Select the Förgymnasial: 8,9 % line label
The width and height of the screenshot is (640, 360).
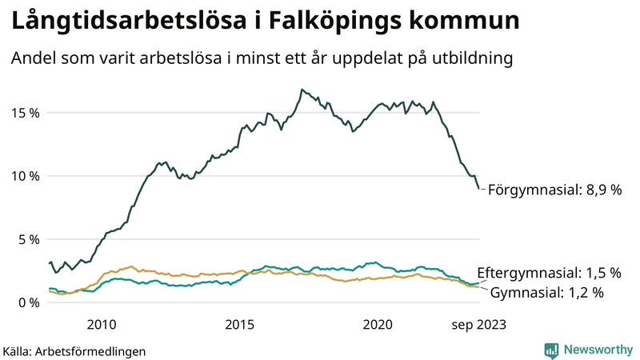(554, 190)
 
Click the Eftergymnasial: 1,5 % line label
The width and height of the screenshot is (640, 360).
(549, 273)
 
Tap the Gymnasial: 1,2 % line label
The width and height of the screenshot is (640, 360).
(546, 293)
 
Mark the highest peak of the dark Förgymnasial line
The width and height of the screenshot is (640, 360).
(302, 90)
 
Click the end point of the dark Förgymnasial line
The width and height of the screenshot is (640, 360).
(478, 189)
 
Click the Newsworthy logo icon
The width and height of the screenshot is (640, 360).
(551, 350)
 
